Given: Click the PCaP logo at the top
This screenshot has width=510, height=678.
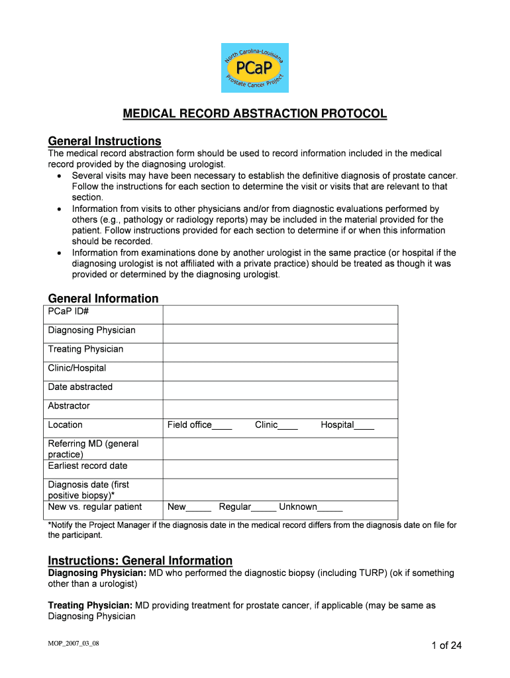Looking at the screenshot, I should (255, 68).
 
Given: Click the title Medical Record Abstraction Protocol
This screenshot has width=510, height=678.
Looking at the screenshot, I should (255, 115).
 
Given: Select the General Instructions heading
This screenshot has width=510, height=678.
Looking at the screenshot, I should (105, 142).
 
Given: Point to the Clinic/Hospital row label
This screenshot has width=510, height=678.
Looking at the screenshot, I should (77, 368).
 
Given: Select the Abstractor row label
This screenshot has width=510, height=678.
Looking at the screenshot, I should (69, 406).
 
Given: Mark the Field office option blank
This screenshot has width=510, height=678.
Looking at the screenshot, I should (223, 426).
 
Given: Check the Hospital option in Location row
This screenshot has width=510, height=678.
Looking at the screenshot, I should (364, 426).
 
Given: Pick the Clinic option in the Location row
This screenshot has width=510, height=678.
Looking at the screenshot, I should (288, 426).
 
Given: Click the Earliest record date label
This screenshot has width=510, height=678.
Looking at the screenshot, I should (87, 466).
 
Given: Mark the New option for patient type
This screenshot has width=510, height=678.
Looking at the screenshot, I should (199, 508).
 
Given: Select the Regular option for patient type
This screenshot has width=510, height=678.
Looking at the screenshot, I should (264, 508).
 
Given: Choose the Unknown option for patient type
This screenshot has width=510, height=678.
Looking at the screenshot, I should (330, 508).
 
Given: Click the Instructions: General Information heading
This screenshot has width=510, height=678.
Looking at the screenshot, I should (140, 561).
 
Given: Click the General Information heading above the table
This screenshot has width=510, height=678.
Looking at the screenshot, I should (103, 299).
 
